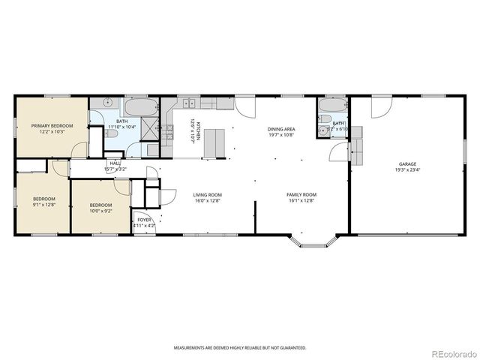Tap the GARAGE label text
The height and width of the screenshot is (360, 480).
point(407,163)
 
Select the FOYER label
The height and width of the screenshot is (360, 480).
point(143,220)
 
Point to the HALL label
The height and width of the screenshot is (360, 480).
point(115,163)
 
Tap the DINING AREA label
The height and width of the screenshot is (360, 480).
point(281,130)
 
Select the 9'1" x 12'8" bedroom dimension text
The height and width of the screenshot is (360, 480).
point(45,205)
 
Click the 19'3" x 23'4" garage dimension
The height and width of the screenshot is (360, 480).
point(407,169)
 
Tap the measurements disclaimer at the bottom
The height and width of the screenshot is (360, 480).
point(240,348)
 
